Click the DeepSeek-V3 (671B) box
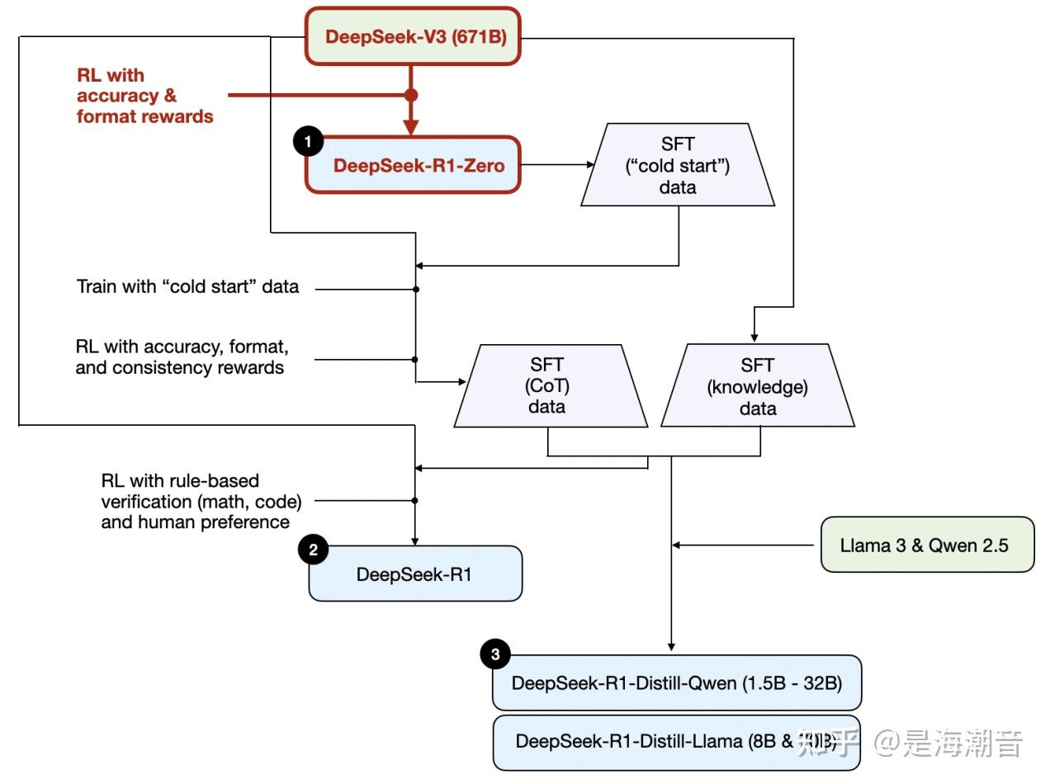pyautogui.click(x=413, y=36)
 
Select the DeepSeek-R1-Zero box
pyautogui.click(x=413, y=165)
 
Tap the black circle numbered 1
pyautogui.click(x=308, y=142)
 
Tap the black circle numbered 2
pyautogui.click(x=313, y=550)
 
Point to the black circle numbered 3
pyautogui.click(x=494, y=655)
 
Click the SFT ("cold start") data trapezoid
pyautogui.click(x=677, y=165)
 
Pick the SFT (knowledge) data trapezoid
pyautogui.click(x=758, y=385)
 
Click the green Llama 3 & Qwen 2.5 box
pyautogui.click(x=926, y=545)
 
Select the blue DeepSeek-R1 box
pyautogui.click(x=415, y=574)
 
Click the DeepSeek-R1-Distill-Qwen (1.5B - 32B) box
pyautogui.click(x=676, y=682)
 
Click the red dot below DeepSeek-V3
pyautogui.click(x=411, y=95)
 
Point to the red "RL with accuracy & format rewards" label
pyautogui.click(x=144, y=96)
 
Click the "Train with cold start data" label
pyautogui.click(x=187, y=287)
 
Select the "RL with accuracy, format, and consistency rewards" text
pyautogui.click(x=182, y=357)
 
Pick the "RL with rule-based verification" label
pyautogui.click(x=201, y=501)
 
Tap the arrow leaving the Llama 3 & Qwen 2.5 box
pyautogui.click(x=743, y=545)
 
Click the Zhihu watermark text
pyautogui.click(x=908, y=744)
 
